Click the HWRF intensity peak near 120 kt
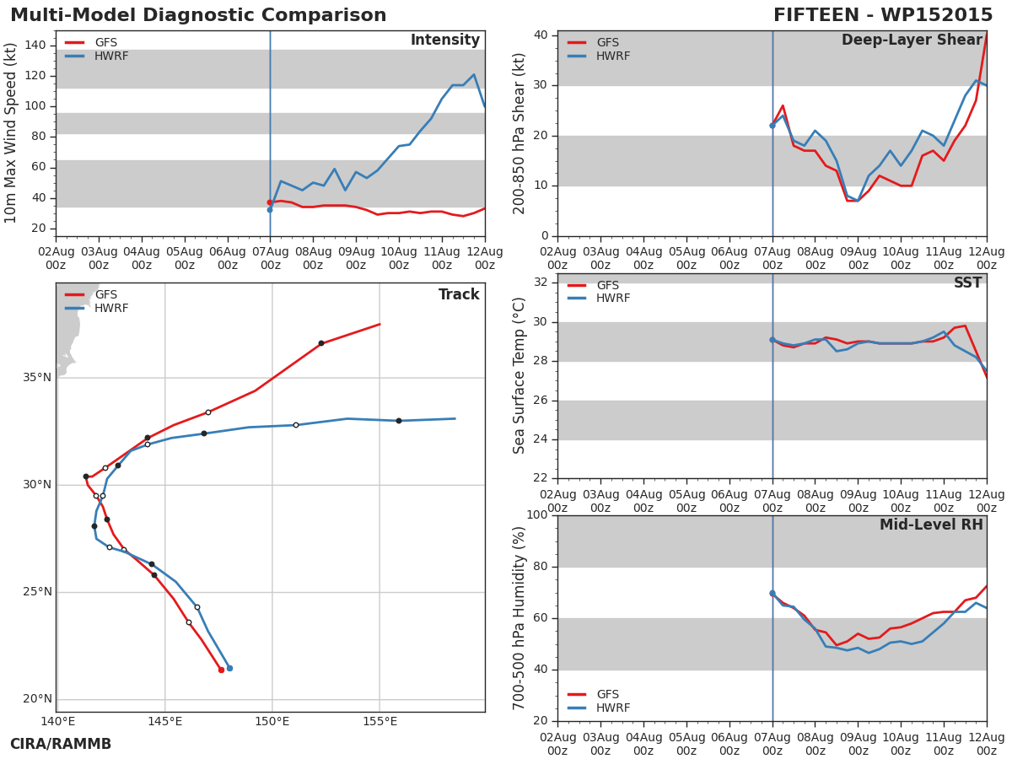[x=474, y=75]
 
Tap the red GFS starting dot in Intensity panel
[x=270, y=202]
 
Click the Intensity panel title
[x=445, y=40]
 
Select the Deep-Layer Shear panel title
[x=912, y=40]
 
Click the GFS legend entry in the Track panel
[x=91, y=294]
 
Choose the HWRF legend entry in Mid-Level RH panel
[x=599, y=708]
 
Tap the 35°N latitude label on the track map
[x=37, y=378]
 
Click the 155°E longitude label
[x=379, y=721]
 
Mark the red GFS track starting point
[x=221, y=670]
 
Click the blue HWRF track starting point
[x=229, y=668]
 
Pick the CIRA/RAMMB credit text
[x=61, y=744]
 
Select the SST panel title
[x=968, y=283]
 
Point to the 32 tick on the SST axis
[x=541, y=283]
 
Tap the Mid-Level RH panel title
[x=931, y=525]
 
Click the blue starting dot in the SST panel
[x=772, y=340]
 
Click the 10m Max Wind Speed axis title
[x=10, y=132]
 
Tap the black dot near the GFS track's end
[x=321, y=343]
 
